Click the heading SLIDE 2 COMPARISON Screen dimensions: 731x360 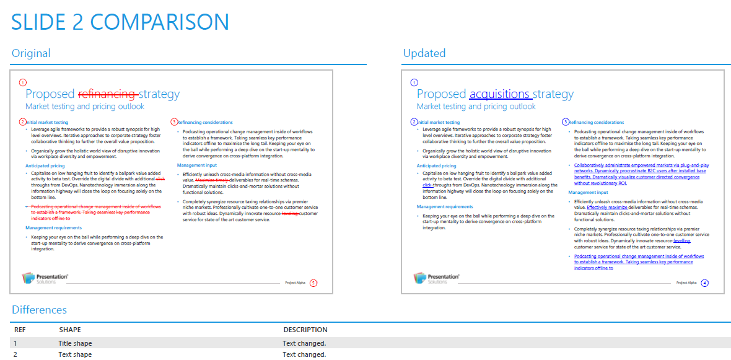coord(120,22)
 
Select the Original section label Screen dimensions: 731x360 coord(31,53)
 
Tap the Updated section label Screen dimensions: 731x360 coord(424,53)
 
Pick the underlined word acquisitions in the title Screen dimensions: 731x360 coord(499,94)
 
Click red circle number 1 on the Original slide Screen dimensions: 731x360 coord(24,82)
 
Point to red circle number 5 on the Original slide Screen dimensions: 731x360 coord(313,283)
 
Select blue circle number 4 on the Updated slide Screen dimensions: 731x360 coord(704,283)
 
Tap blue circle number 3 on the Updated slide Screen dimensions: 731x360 coord(566,122)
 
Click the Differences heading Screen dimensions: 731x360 coord(39,310)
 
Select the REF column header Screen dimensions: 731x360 coord(20,330)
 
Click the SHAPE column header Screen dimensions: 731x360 coord(70,330)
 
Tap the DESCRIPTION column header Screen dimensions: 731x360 coord(305,330)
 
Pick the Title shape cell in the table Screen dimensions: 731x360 coord(75,343)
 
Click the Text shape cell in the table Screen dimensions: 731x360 coord(75,354)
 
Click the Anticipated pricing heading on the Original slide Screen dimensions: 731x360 coord(45,166)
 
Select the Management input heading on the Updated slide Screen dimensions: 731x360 coord(589,193)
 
